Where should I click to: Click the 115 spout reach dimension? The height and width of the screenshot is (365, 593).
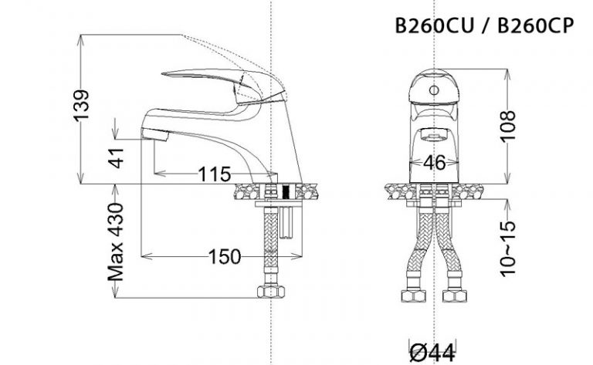click(214, 174)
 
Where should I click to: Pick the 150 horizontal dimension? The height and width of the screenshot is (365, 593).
click(225, 255)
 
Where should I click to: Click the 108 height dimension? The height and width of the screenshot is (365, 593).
click(507, 124)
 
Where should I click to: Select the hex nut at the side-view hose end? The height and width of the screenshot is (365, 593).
click(271, 292)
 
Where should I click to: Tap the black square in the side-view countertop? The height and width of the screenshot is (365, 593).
click(287, 191)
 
